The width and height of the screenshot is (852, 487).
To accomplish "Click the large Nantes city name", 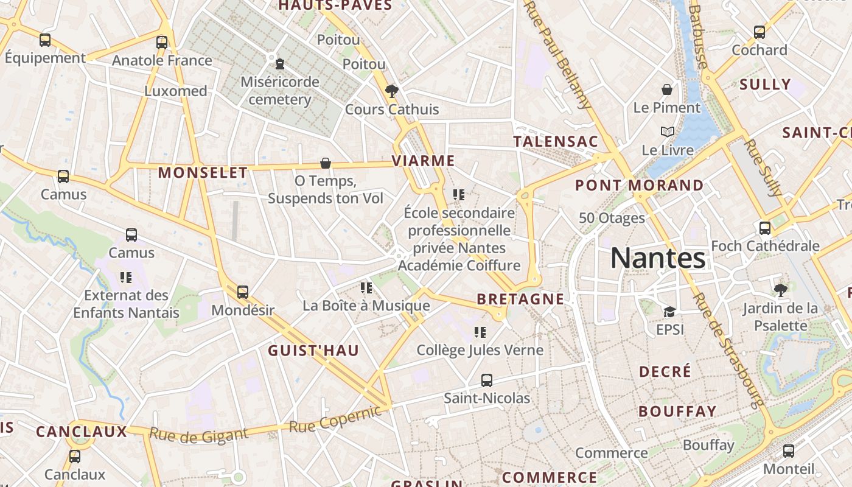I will pyautogui.click(x=658, y=258).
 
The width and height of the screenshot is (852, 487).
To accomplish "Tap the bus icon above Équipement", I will pyautogui.click(x=45, y=40).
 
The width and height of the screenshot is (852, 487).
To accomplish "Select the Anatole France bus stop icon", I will pyautogui.click(x=161, y=42).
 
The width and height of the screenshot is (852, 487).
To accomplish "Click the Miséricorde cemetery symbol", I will pyautogui.click(x=280, y=63).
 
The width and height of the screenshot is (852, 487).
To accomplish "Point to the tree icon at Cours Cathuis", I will pyautogui.click(x=392, y=92).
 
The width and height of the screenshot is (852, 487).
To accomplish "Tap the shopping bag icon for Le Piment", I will pyautogui.click(x=667, y=89).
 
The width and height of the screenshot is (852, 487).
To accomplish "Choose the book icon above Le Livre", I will pyautogui.click(x=668, y=131).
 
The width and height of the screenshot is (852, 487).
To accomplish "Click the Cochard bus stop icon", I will pyautogui.click(x=759, y=32).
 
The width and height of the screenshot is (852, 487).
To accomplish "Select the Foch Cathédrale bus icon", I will pyautogui.click(x=765, y=228).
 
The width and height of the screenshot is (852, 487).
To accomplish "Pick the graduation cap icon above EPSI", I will pyautogui.click(x=669, y=312).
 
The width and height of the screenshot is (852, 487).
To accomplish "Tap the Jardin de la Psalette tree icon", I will pyautogui.click(x=780, y=290).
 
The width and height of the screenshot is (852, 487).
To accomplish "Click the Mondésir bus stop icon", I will pyautogui.click(x=243, y=292).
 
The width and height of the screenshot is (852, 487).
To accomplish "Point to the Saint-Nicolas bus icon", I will pyautogui.click(x=486, y=380).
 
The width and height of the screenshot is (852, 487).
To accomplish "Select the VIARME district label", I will pyautogui.click(x=424, y=161).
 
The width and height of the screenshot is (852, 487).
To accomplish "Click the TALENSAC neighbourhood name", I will pyautogui.click(x=556, y=142).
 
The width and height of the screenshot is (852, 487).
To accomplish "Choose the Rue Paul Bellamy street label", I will pyautogui.click(x=558, y=55).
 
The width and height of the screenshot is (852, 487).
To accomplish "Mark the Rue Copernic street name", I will pyautogui.click(x=336, y=419).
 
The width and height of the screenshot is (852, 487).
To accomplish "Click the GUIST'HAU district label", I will pyautogui.click(x=313, y=350).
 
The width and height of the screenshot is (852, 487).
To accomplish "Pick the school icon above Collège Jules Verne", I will pyautogui.click(x=480, y=332).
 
